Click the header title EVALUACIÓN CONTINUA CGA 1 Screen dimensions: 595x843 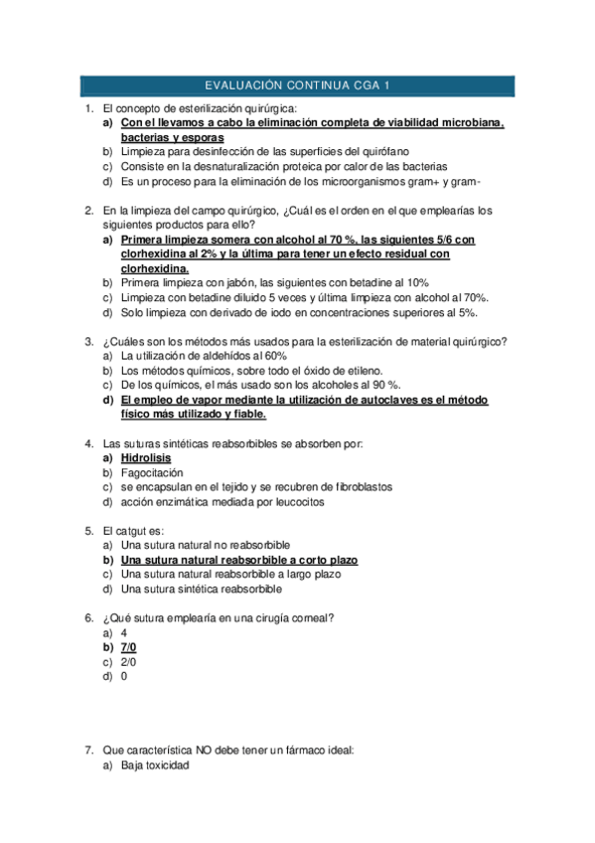297,85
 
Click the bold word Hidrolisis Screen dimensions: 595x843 145,458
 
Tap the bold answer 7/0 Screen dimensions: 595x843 128,647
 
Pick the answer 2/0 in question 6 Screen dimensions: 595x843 128,662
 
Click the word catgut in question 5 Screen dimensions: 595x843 133,531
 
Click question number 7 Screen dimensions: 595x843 88,750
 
